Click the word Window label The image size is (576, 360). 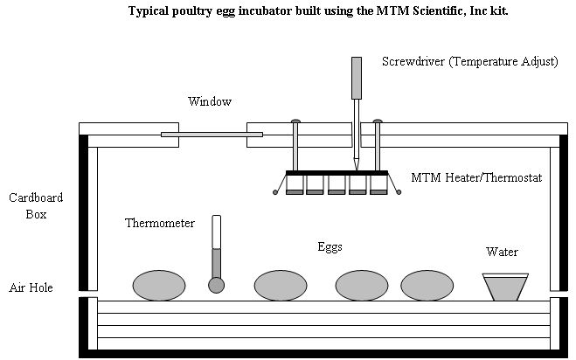pos(210,101)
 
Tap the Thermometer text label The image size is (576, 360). pos(160,224)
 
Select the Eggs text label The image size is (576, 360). pos(330,247)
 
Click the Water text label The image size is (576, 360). pos(502,253)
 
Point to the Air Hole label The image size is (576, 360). pos(31,287)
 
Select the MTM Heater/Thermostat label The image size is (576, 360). pos(476,177)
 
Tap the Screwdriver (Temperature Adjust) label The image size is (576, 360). pos(470,62)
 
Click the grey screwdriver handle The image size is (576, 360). pos(357,78)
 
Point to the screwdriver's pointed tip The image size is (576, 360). pos(357,167)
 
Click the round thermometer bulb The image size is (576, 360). pos(216,285)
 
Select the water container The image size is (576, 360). pos(505,287)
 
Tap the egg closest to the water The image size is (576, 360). pos(427,285)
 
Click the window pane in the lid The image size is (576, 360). pos(212,134)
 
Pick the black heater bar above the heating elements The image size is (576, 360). pos(337,172)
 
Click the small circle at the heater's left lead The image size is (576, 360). pos(276,191)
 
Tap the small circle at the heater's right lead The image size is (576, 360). pos(399,191)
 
